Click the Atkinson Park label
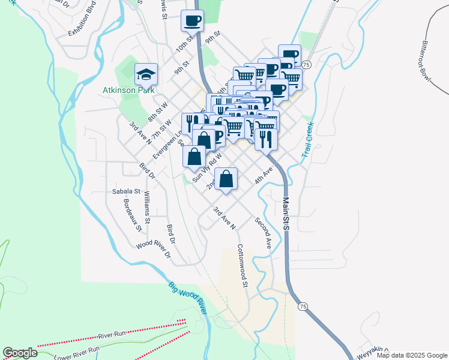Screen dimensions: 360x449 point(128,91)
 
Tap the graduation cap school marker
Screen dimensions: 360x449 point(146,75)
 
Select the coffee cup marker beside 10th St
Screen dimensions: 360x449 point(192,21)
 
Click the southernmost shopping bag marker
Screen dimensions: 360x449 point(226,179)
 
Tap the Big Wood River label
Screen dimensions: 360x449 point(187,298)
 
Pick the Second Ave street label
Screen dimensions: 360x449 point(264,233)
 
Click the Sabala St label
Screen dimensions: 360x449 point(125,192)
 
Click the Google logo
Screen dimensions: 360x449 point(20,353)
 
